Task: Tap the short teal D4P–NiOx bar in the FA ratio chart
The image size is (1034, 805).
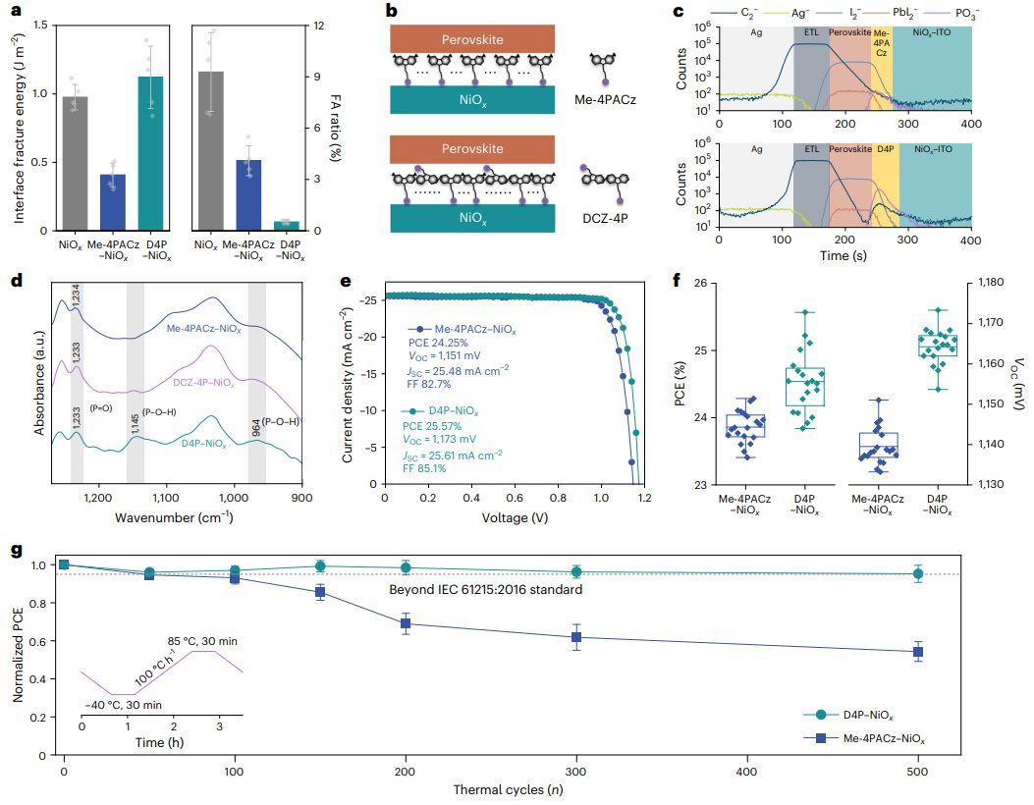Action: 286,226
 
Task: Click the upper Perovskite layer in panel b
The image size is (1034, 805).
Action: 473,38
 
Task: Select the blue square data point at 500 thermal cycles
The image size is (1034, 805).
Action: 918,652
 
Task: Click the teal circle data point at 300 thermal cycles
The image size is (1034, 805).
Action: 577,571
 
